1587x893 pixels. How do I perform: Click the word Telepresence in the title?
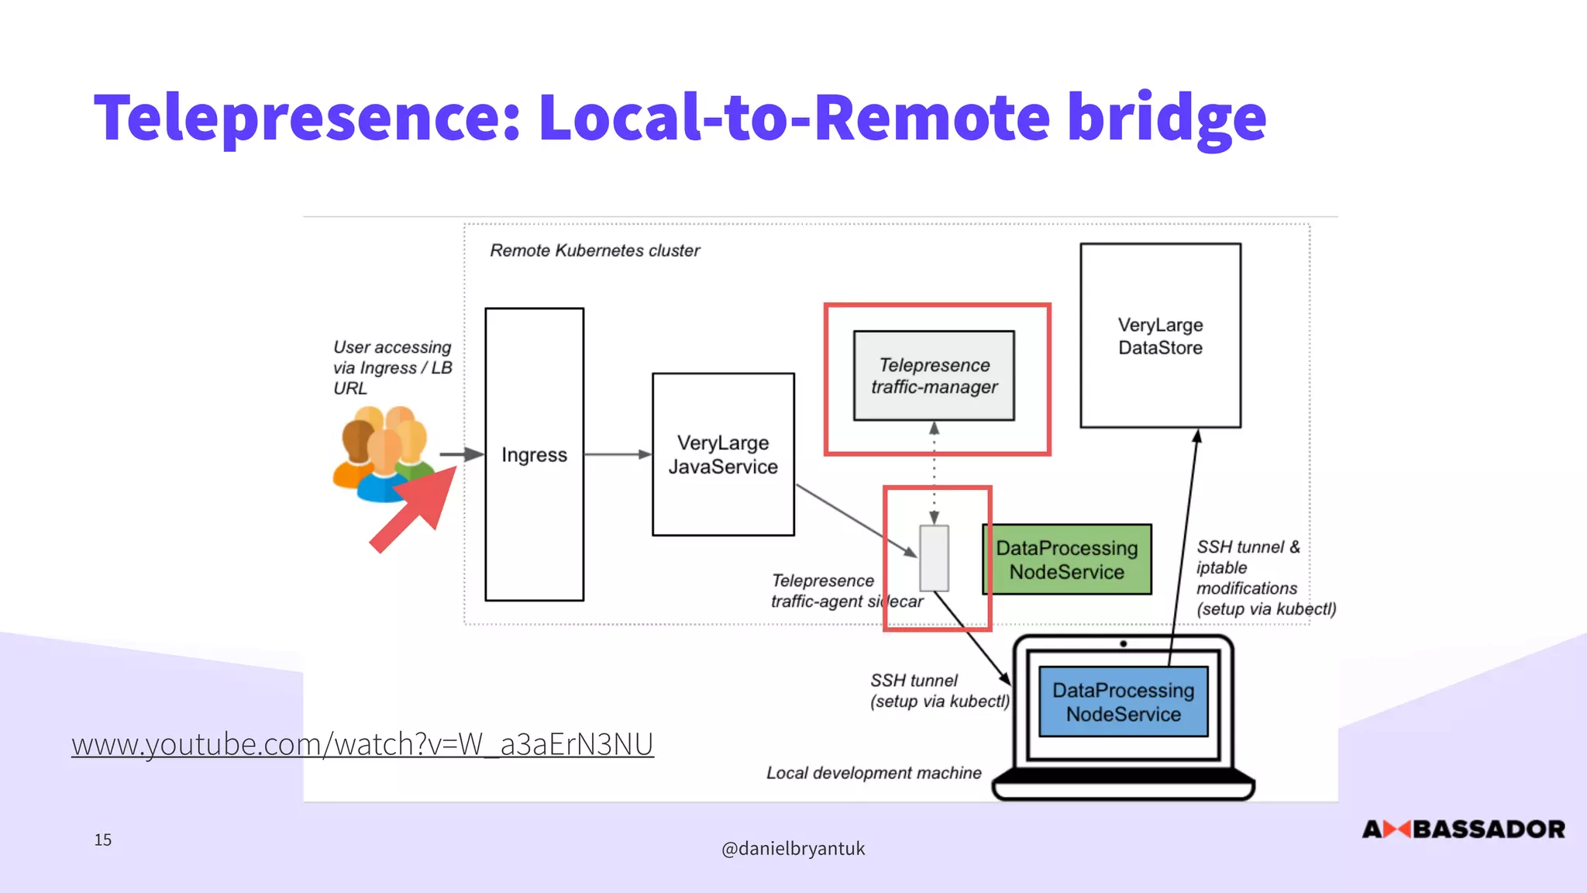tap(307, 118)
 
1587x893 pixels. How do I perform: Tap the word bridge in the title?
tap(1166, 118)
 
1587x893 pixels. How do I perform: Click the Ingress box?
tap(534, 454)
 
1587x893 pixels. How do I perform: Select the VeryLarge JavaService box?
tap(723, 454)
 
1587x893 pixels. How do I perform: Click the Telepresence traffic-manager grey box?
tap(934, 376)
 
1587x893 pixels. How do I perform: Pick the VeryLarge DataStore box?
tap(1160, 336)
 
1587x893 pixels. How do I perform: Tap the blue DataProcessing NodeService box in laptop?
tap(1123, 702)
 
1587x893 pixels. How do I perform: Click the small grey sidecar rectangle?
tap(934, 558)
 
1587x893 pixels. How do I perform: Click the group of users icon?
tap(383, 453)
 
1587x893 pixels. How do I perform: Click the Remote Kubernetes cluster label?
tap(594, 250)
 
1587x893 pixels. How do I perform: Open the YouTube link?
tap(363, 744)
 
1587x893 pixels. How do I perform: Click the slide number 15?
tap(103, 840)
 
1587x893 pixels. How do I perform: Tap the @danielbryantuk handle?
tap(793, 849)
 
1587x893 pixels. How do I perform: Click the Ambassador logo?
tap(1463, 829)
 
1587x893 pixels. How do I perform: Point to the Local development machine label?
tap(873, 773)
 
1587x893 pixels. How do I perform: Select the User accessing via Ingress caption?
tap(392, 367)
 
